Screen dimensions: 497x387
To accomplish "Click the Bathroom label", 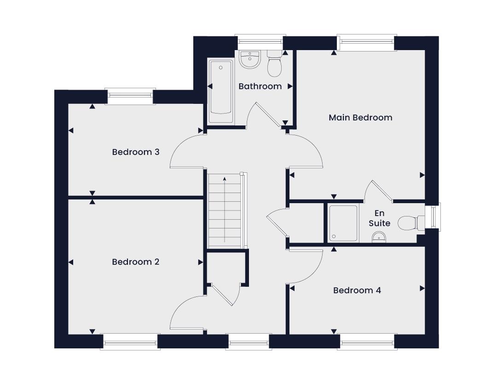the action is pos(260,86).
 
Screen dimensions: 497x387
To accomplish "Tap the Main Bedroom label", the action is pos(360,118).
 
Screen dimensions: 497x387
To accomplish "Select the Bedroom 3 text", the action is pos(136,152).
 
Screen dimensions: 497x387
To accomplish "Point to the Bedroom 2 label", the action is pos(136,262).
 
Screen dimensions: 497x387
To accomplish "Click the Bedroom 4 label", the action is pos(357,290).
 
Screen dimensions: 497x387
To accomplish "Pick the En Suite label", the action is pos(379,218).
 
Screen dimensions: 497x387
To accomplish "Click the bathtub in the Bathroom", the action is pos(221,91).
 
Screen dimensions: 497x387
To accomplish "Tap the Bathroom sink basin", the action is pos(250,59).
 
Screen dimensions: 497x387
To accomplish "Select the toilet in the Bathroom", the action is pos(274,63).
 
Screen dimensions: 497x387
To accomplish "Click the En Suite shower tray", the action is pos(343,223).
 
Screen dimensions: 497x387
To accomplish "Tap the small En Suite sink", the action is pos(379,237).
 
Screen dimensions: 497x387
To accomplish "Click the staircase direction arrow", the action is pos(225,210).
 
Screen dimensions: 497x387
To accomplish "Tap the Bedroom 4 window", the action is pos(367,341).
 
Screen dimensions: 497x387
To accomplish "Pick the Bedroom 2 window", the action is pos(130,341).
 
